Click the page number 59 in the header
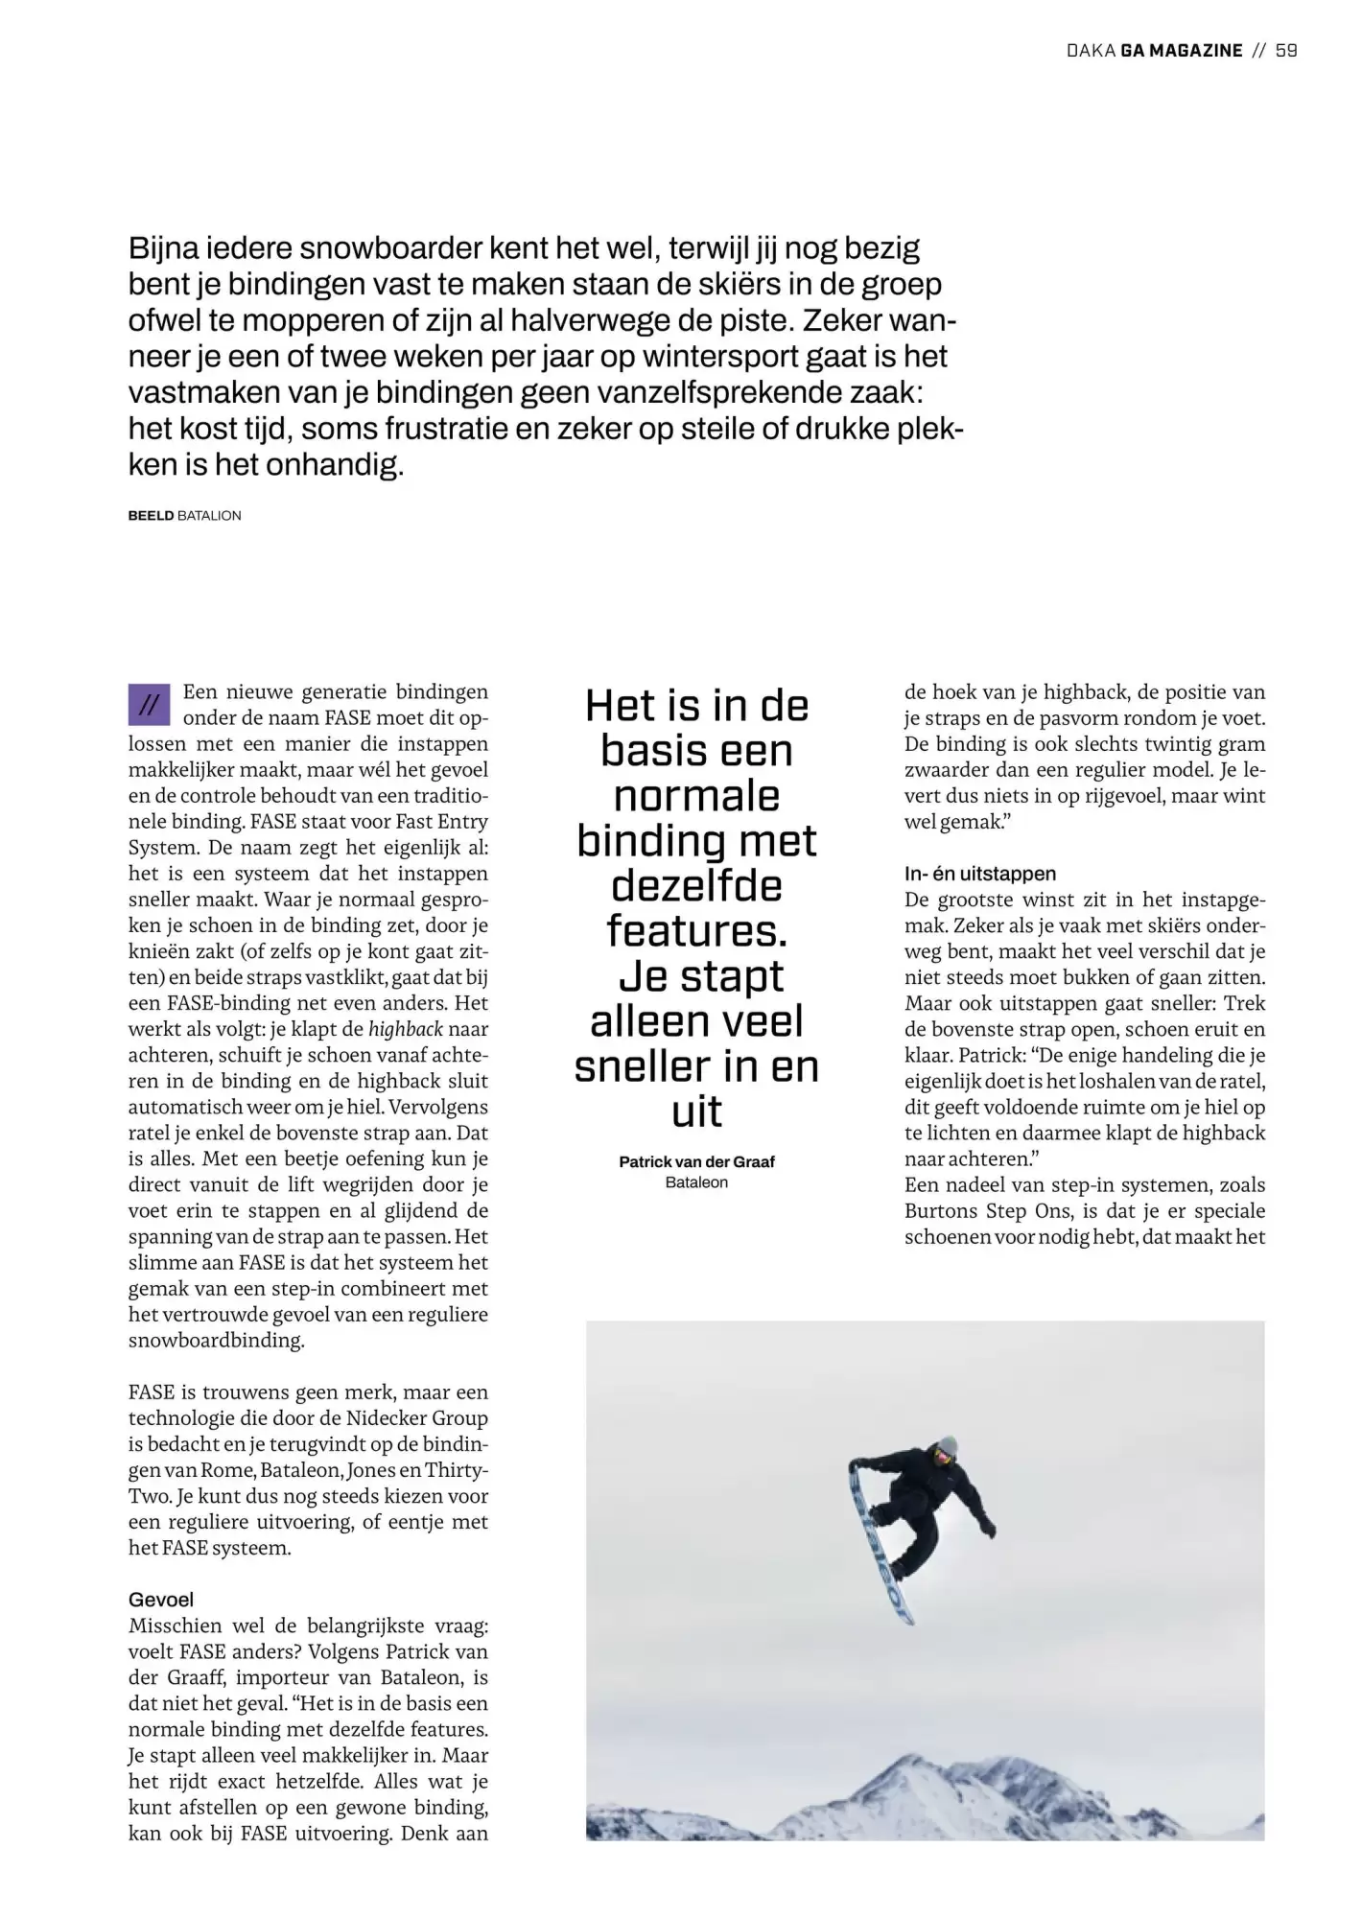[x=1286, y=51]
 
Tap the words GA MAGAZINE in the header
[x=1181, y=51]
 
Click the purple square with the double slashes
[x=149, y=705]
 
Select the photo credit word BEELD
[x=151, y=516]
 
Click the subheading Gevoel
[x=161, y=1600]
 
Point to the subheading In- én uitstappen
[x=979, y=874]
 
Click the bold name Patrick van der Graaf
[x=696, y=1161]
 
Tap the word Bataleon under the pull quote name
[x=696, y=1182]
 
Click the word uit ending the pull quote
[x=696, y=1111]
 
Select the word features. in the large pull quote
[x=696, y=930]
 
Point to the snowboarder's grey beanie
[x=948, y=1446]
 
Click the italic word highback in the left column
[x=406, y=1029]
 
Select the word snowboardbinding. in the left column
[x=216, y=1341]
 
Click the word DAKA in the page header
[x=1090, y=51]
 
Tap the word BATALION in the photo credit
[x=209, y=516]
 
